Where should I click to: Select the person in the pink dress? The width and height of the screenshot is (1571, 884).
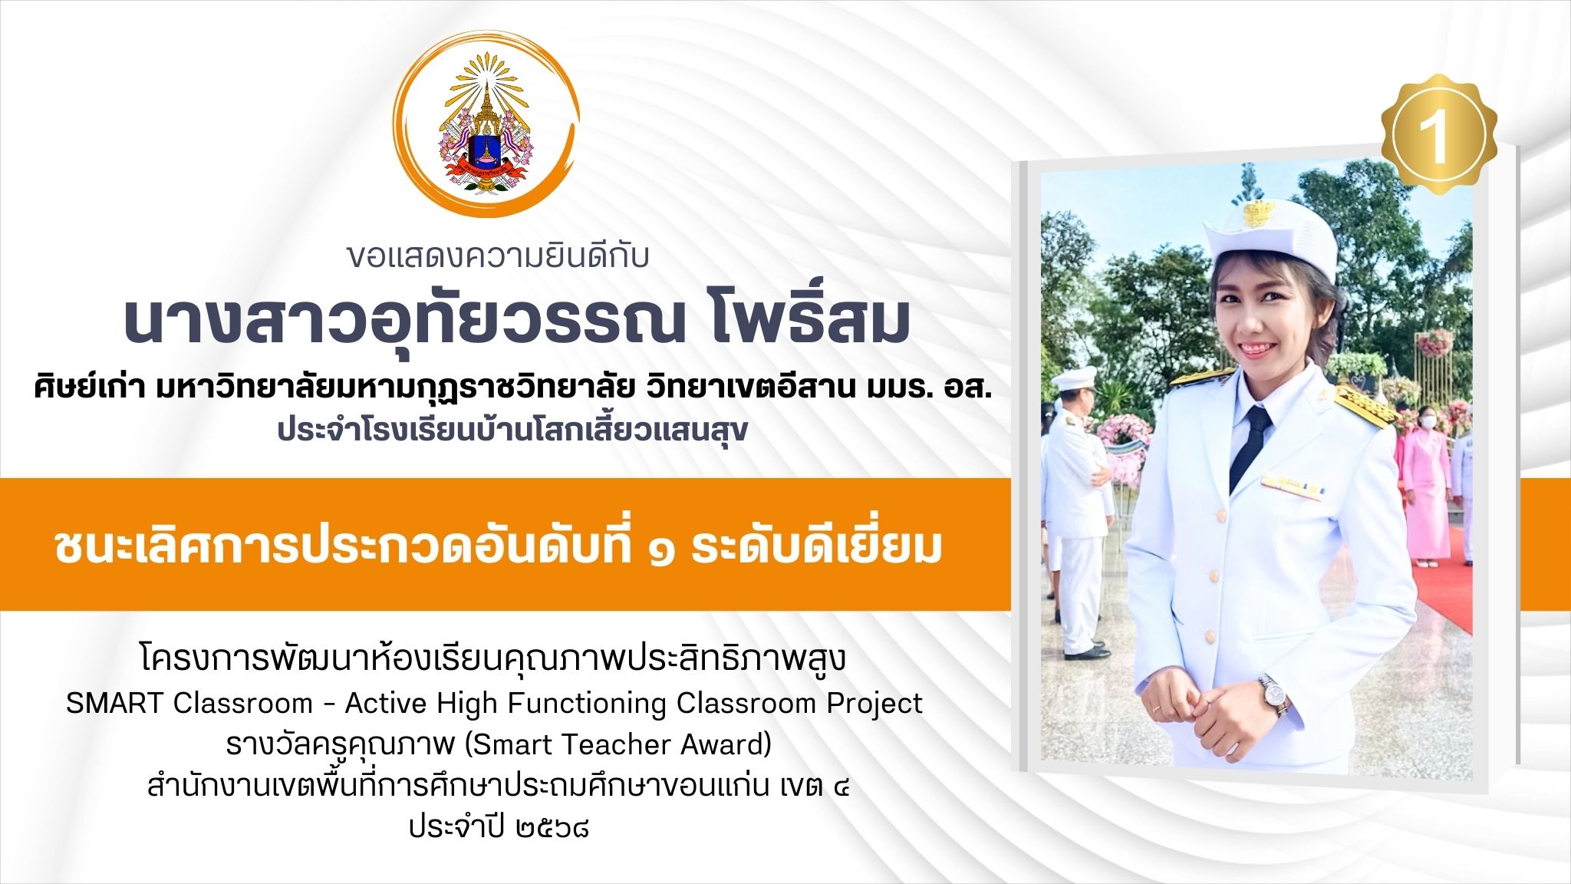1427,483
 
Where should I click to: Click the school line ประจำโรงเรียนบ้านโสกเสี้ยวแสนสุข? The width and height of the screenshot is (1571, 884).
512,430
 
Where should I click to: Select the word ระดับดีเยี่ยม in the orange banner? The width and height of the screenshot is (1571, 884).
816,547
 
